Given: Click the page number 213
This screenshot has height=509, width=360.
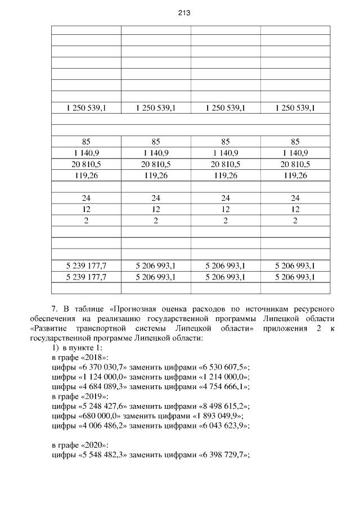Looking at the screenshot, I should tap(180, 12).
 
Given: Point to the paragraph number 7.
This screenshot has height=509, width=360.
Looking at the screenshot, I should tap(55, 309).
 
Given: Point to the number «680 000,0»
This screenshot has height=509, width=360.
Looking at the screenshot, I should tap(100, 416).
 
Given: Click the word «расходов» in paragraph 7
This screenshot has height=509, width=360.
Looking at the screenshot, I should tap(210, 309).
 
